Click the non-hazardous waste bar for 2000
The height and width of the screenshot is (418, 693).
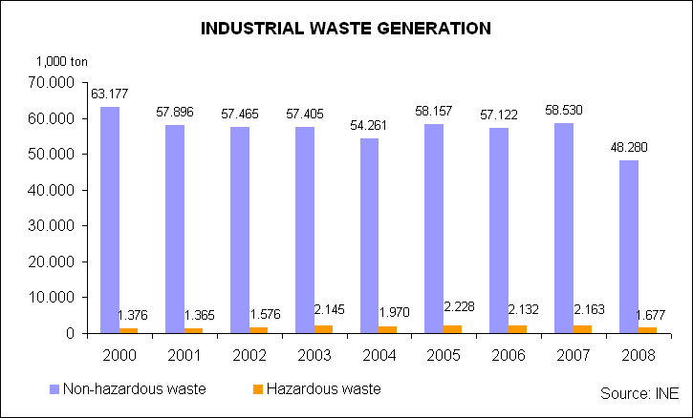pos(110,219)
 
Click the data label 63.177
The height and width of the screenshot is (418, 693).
pos(110,94)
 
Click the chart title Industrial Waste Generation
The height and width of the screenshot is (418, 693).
pos(346,29)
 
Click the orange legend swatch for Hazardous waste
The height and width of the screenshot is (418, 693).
pos(258,389)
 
